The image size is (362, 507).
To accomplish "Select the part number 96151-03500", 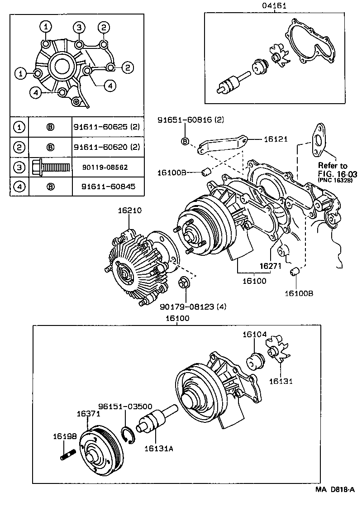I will pyautogui.click(x=125, y=407).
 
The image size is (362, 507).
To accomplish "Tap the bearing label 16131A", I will pyautogui.click(x=158, y=448).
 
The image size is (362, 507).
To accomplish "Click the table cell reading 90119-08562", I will pyautogui.click(x=105, y=167).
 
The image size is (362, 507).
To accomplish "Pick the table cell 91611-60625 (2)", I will pyautogui.click(x=106, y=127).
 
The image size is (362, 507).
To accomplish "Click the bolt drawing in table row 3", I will pyautogui.click(x=50, y=167).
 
